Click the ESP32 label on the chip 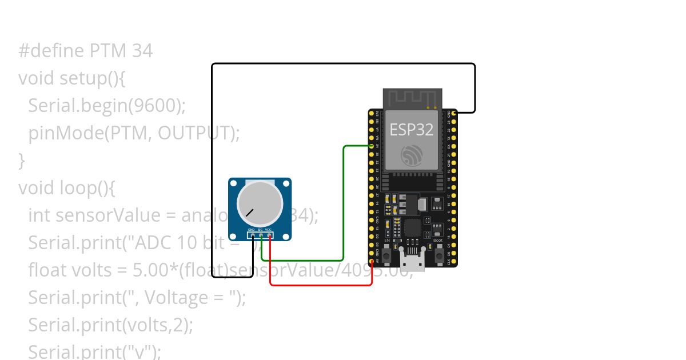pos(412,130)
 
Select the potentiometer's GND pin pos(253,235)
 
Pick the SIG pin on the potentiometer pos(261,235)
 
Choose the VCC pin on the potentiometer pos(269,235)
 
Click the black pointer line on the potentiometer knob pos(250,212)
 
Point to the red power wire pos(320,285)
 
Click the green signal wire pos(343,200)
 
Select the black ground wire pos(212,171)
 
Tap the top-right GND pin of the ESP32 pos(454,114)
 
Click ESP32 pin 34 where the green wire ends pos(372,146)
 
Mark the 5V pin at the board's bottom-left pos(372,262)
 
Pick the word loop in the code pos(76,187)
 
